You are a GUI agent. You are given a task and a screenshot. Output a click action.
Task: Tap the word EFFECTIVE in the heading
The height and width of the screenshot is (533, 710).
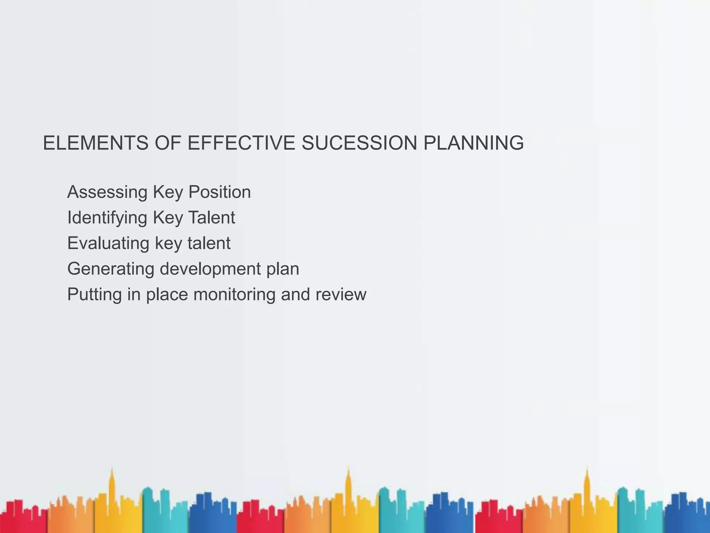241,143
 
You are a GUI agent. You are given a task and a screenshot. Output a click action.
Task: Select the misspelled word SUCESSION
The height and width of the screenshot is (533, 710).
359,143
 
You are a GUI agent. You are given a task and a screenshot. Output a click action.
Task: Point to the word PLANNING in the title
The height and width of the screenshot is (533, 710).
474,143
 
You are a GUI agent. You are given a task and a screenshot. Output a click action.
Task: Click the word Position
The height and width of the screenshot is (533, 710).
219,192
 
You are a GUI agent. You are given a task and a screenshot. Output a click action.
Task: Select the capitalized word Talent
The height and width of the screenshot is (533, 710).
211,218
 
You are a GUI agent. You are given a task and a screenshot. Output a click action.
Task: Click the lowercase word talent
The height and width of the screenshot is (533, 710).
209,243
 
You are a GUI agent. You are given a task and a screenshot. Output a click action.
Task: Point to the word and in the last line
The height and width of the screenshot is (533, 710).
295,295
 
